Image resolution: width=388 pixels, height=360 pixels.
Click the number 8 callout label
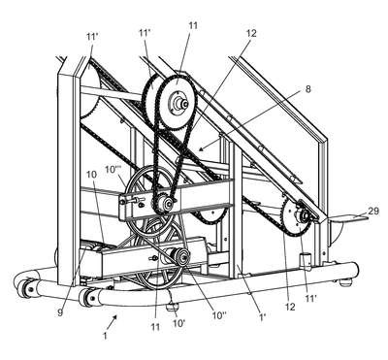pos(307,89)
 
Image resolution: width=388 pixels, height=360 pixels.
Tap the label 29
pos(373,211)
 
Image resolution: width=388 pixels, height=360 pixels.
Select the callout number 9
pos(61,313)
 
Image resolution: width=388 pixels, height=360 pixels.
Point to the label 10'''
pos(113,169)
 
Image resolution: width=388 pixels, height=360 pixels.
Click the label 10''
pos(219,315)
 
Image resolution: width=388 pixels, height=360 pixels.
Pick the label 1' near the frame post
pos(262,315)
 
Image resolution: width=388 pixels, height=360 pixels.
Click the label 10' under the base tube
pos(178,322)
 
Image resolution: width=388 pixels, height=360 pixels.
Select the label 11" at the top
pos(145,33)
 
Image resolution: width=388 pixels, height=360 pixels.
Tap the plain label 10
pos(91,175)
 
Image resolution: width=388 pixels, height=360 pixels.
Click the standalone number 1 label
pos(105,336)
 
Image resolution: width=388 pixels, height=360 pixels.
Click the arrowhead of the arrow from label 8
pos(201,148)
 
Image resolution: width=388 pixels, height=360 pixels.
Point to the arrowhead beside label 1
pos(114,317)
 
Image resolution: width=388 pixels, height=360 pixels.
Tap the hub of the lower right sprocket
pos(304,215)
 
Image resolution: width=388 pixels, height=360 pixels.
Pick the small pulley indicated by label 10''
pos(178,256)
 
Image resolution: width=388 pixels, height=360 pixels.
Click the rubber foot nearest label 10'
pos(172,306)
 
